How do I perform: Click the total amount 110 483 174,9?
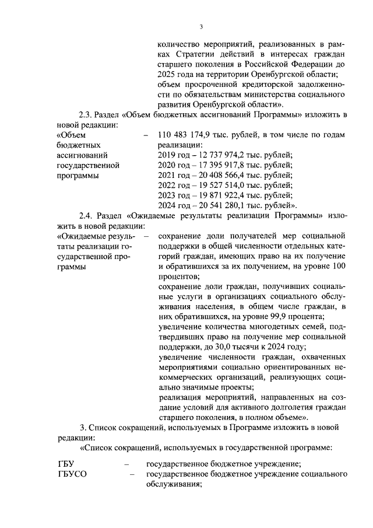click(x=186, y=134)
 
